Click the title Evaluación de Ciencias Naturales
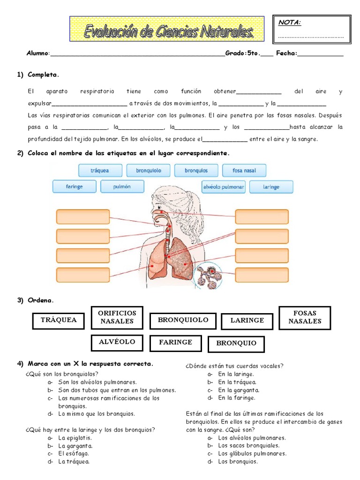click(167, 31)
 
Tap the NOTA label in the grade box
click(290, 22)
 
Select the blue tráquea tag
click(100, 171)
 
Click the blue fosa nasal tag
click(244, 171)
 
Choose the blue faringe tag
click(74, 187)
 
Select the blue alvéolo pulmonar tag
click(224, 187)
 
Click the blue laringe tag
click(271, 187)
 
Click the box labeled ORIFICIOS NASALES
click(118, 317)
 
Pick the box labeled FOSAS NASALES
click(305, 317)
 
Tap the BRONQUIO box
click(236, 344)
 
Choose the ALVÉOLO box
click(117, 342)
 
